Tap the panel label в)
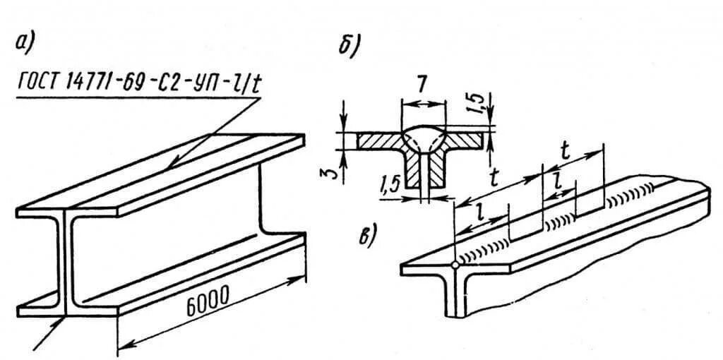point(366,236)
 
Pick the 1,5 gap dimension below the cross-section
point(389,186)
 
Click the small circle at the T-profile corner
point(455,267)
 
